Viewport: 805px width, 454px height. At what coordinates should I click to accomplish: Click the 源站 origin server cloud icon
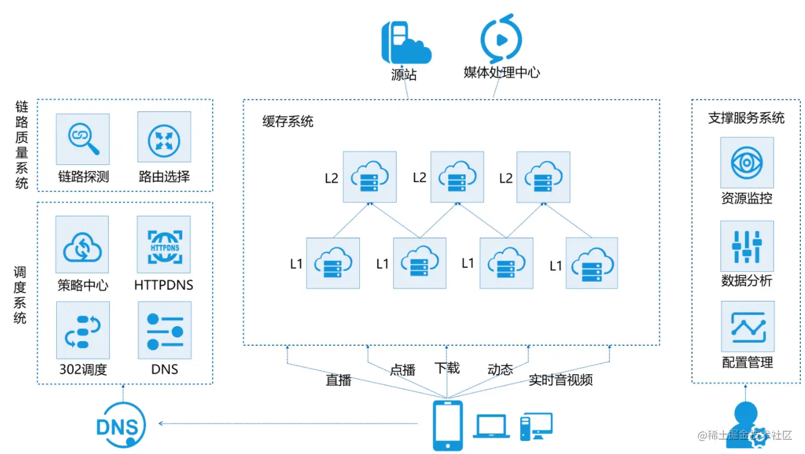pyautogui.click(x=405, y=43)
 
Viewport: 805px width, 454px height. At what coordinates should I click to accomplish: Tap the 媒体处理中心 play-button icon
pyautogui.click(x=501, y=39)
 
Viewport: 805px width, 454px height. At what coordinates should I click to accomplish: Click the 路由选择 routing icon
pyautogui.click(x=164, y=137)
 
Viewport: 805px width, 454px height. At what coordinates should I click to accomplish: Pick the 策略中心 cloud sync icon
pyautogui.click(x=82, y=244)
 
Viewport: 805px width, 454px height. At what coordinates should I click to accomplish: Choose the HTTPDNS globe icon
pyautogui.click(x=164, y=244)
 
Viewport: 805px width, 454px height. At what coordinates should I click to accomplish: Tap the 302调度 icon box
pyautogui.click(x=83, y=330)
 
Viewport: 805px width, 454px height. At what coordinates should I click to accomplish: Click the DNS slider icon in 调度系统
pyautogui.click(x=164, y=330)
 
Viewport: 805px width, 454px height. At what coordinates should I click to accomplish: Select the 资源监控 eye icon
pyautogui.click(x=747, y=163)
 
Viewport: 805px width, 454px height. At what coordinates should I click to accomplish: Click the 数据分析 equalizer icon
pyautogui.click(x=747, y=245)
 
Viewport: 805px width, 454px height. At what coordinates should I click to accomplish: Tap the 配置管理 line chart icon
pyautogui.click(x=747, y=326)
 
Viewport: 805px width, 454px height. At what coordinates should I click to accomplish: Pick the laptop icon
pyautogui.click(x=491, y=426)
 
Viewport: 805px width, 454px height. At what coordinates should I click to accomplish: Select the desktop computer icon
pyautogui.click(x=535, y=426)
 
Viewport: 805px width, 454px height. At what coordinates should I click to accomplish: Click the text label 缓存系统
pyautogui.click(x=288, y=122)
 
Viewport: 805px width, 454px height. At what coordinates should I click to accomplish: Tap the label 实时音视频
pyautogui.click(x=560, y=380)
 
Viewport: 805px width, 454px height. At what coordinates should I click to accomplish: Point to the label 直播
pyautogui.click(x=338, y=380)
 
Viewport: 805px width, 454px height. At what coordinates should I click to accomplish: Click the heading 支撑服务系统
pyautogui.click(x=746, y=118)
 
